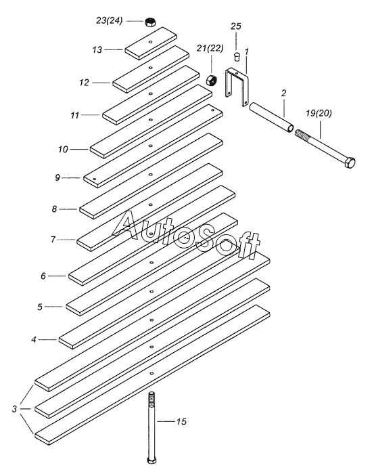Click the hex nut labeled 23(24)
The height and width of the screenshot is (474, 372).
click(x=149, y=22)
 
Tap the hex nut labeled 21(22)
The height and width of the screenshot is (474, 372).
click(x=210, y=80)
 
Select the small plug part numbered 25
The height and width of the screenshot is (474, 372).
click(x=237, y=56)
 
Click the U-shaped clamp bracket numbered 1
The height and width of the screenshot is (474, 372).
click(x=237, y=87)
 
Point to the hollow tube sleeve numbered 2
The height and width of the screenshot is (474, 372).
click(x=271, y=117)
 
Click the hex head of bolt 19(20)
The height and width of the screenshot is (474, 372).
click(x=350, y=163)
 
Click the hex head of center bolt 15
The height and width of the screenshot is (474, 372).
click(x=152, y=460)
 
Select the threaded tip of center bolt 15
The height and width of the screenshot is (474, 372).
click(x=152, y=397)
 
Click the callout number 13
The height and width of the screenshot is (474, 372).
click(x=97, y=49)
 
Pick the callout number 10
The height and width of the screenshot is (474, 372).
click(x=63, y=150)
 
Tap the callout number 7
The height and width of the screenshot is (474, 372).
click(x=53, y=240)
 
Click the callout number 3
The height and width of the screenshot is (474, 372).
click(x=14, y=409)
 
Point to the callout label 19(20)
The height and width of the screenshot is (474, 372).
click(x=319, y=113)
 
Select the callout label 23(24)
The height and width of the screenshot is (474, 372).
click(x=110, y=20)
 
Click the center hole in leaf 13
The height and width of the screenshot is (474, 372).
click(x=150, y=41)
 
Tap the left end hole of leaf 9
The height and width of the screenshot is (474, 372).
click(x=95, y=179)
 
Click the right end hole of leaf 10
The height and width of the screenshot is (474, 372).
click(x=213, y=110)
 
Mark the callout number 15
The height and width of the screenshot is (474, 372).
click(x=181, y=421)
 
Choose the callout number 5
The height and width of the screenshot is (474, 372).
click(x=40, y=307)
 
